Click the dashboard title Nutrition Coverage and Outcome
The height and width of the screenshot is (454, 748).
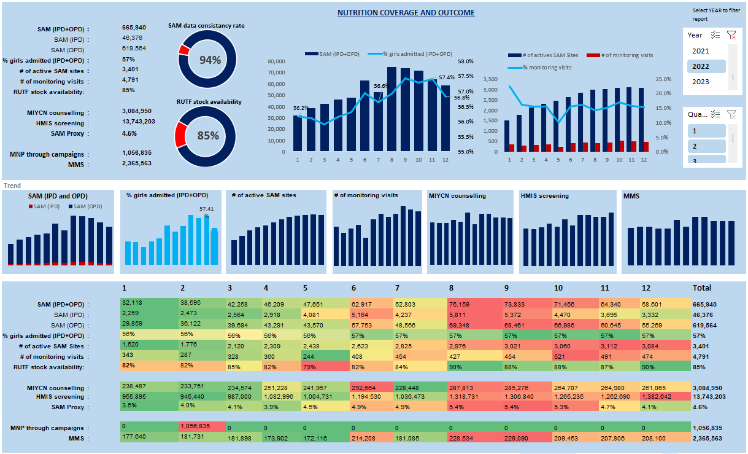406,13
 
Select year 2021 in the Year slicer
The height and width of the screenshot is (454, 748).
700,51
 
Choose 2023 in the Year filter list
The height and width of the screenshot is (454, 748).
700,82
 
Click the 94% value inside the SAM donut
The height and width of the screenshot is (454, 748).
210,60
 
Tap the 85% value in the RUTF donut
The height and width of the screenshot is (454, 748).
207,136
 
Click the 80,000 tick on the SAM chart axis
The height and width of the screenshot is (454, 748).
277,61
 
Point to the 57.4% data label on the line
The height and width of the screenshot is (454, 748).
447,77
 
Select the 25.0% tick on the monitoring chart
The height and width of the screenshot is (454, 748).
663,79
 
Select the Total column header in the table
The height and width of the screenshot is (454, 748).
701,288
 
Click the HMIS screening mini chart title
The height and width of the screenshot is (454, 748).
544,196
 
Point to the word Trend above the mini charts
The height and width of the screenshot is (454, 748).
12,185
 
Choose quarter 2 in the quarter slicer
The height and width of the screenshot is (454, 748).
695,146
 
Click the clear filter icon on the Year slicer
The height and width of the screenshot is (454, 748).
731,35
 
